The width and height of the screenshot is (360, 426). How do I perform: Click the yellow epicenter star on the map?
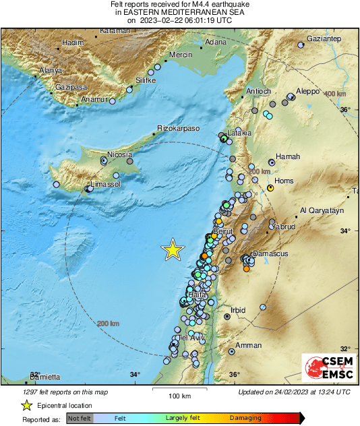[173, 250]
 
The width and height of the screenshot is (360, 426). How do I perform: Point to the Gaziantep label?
[324, 40]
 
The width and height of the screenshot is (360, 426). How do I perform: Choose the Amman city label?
[248, 346]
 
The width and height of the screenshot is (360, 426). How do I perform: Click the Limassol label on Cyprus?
[106, 184]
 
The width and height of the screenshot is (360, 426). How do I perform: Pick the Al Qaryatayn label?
[322, 211]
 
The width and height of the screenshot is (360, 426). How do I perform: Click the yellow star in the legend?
[26, 405]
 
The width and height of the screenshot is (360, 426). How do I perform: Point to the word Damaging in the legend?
[245, 418]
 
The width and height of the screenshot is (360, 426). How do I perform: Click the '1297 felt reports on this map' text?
[60, 392]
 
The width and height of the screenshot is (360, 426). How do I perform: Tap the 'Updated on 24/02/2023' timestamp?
[294, 392]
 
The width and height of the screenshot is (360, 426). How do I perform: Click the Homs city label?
[282, 181]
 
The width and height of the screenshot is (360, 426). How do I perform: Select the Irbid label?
[238, 311]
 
